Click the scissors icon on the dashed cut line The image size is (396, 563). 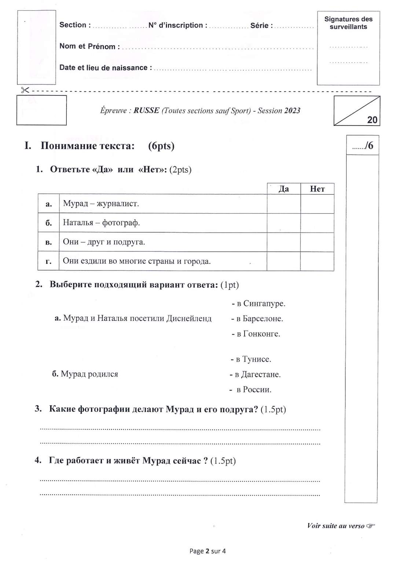pos(25,90)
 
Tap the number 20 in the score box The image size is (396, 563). pos(372,120)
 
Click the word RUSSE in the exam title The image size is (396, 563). pos(146,110)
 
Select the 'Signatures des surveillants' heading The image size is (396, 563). pos(348,23)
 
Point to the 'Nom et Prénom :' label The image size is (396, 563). pos(89,47)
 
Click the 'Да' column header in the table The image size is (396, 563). pos(284,189)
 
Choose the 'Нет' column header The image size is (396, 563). pos(317,189)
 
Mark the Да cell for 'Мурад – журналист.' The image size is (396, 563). pos(284,204)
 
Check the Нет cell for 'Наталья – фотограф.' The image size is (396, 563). pos(317,223)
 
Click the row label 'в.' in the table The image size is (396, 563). pos(48,242)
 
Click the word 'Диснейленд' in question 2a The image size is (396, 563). pos(189,319)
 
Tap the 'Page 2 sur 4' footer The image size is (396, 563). pos(208,551)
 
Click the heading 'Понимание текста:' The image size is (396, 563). pos(88,146)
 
